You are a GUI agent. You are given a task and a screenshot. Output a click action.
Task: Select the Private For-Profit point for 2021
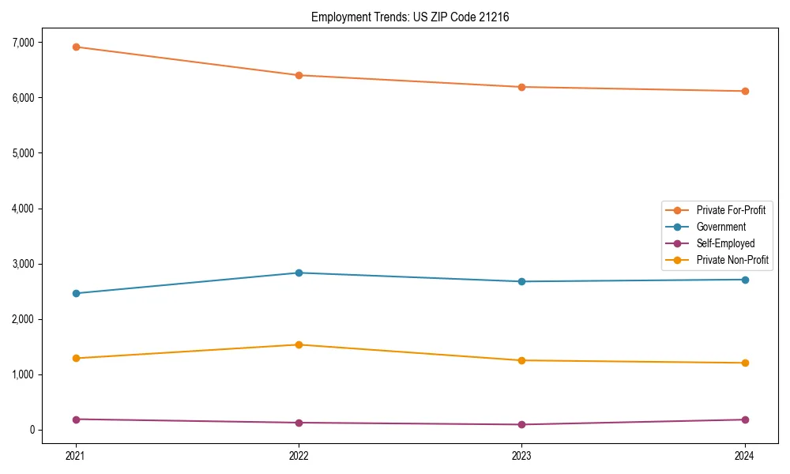coord(76,47)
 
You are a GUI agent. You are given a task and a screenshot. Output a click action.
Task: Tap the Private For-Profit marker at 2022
coord(299,75)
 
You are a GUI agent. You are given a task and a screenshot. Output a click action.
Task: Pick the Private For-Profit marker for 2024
coord(745,91)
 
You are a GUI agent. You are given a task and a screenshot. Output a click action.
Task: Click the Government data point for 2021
coord(76,293)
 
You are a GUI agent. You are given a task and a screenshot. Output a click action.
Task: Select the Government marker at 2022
coord(299,273)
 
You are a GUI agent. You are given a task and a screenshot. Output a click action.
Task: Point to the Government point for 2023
coord(522,281)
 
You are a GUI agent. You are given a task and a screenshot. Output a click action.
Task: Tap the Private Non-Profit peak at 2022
coord(299,344)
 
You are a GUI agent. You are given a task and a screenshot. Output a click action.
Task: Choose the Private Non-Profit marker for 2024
coord(745,363)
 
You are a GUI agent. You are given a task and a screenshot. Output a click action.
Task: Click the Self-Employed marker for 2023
coord(522,424)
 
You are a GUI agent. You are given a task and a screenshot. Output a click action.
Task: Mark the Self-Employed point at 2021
coord(76,419)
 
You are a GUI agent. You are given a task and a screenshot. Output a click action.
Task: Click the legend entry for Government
coord(720,227)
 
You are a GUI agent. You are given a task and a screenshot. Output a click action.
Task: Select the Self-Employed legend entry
coord(725,243)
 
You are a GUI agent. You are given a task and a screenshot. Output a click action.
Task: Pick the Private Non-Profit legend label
coord(732,260)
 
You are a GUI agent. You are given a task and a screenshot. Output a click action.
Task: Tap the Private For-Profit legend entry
coord(731,210)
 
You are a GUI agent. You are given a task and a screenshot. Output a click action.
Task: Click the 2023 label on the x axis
coord(522,456)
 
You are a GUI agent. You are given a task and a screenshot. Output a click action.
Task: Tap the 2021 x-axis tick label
coord(76,456)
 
